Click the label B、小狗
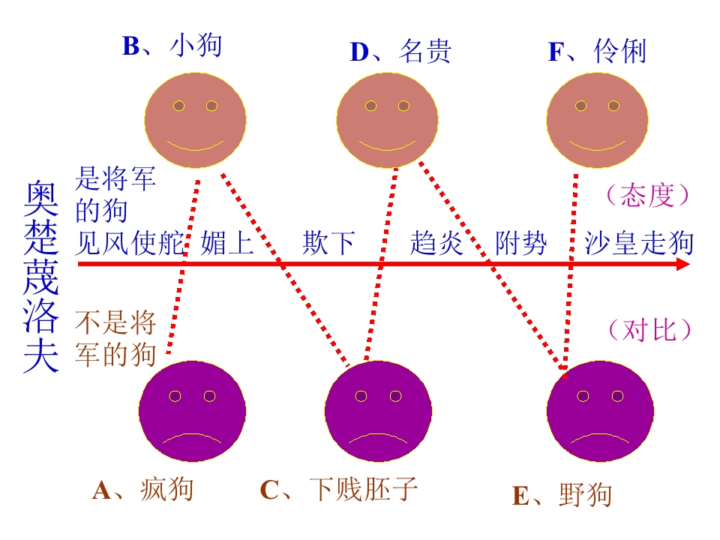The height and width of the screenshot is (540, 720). pyautogui.click(x=172, y=46)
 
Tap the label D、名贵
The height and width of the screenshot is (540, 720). pyautogui.click(x=400, y=51)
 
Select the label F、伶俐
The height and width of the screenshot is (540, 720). pyautogui.click(x=598, y=51)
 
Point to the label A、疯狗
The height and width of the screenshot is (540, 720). pyautogui.click(x=142, y=490)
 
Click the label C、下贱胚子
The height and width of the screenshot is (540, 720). pyautogui.click(x=339, y=489)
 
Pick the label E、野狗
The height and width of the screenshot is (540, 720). pyautogui.click(x=562, y=495)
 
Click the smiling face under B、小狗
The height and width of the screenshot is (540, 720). pyautogui.click(x=195, y=120)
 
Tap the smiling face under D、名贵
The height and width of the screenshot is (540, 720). pyautogui.click(x=387, y=120)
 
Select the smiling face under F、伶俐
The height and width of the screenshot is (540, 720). pyautogui.click(x=597, y=120)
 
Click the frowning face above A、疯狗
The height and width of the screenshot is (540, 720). pyautogui.click(x=192, y=412)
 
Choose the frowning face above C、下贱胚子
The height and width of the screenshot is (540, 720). pyautogui.click(x=378, y=412)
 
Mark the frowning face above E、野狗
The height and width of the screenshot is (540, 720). pyautogui.click(x=600, y=412)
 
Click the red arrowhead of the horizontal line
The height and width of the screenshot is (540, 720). pyautogui.click(x=684, y=264)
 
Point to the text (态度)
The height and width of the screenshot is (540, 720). pyautogui.click(x=647, y=195)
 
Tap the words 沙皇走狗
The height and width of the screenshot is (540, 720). pyautogui.click(x=639, y=243)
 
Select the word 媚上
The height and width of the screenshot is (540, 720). pyautogui.click(x=227, y=242)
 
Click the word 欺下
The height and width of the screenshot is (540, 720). pyautogui.click(x=328, y=242)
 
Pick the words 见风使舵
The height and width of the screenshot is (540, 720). pyautogui.click(x=130, y=242)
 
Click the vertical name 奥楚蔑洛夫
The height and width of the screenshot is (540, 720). pyautogui.click(x=41, y=277)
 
